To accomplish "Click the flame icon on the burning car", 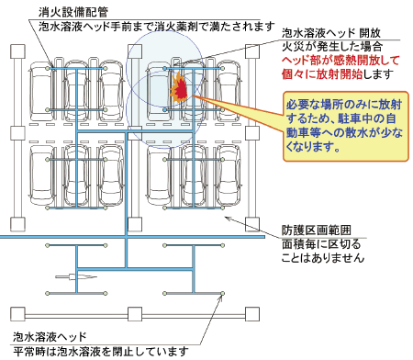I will click(179, 89).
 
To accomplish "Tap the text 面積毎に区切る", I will click(321, 244).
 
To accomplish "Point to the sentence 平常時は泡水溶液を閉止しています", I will click(101, 351).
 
